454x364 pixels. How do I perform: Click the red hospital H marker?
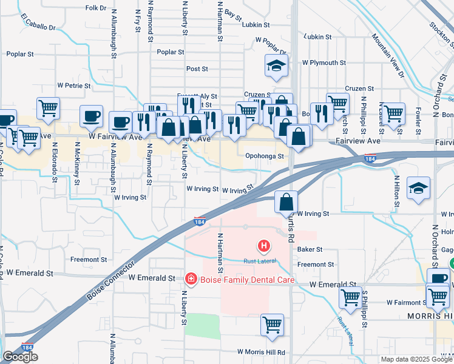[264, 246]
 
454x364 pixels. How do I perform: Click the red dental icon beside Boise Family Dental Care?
[191, 279]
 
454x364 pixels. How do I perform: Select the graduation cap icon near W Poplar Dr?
[276, 66]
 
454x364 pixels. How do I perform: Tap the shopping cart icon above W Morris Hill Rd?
[273, 324]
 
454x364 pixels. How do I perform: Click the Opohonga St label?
[265, 156]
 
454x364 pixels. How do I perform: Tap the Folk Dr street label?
[96, 8]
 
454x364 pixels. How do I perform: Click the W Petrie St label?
[73, 86]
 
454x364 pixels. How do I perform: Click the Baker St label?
[310, 249]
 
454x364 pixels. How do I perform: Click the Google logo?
[20, 357]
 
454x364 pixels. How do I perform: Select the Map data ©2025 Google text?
[416, 359]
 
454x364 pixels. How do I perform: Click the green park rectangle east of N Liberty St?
[202, 326]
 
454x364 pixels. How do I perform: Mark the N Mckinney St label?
[78, 164]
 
